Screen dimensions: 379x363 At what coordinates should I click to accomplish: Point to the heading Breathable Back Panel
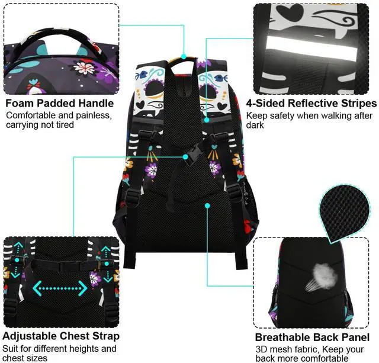click(x=312, y=337)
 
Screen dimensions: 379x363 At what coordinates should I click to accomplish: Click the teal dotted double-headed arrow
click(x=60, y=288)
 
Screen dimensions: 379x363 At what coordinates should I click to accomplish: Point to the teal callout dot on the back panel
click(x=208, y=205)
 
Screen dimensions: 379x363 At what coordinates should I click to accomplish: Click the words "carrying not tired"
click(x=40, y=125)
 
